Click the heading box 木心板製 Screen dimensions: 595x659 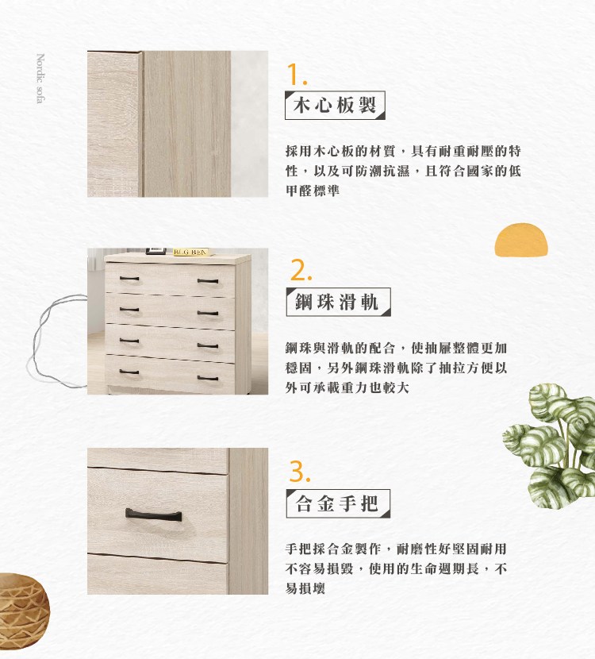click(x=335, y=105)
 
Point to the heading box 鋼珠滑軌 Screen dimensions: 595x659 click(x=338, y=302)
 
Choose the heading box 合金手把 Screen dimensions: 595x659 click(x=338, y=503)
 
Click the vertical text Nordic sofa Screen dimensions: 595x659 click(x=40, y=78)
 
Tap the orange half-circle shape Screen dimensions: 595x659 click(x=521, y=240)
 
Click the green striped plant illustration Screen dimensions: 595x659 click(x=550, y=446)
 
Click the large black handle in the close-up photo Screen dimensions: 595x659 click(x=154, y=514)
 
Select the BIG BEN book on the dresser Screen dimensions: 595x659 click(x=191, y=252)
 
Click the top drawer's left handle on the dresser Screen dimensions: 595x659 click(x=129, y=278)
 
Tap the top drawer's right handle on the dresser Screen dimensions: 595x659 click(x=208, y=281)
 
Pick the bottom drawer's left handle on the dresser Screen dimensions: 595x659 click(x=129, y=372)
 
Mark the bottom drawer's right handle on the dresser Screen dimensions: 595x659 click(x=208, y=378)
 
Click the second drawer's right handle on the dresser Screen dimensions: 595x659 click(x=208, y=313)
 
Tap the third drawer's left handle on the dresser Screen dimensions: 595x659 click(x=129, y=341)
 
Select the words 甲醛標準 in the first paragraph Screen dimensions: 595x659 click(x=313, y=191)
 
